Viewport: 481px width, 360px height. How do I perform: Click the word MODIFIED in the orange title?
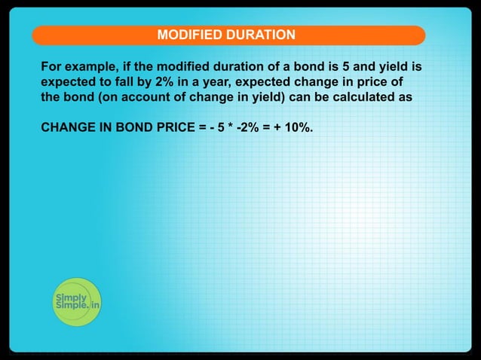point(186,35)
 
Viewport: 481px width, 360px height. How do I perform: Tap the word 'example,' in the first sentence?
point(90,67)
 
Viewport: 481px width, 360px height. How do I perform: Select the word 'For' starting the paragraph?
point(51,67)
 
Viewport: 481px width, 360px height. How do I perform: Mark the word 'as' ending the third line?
point(404,97)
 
